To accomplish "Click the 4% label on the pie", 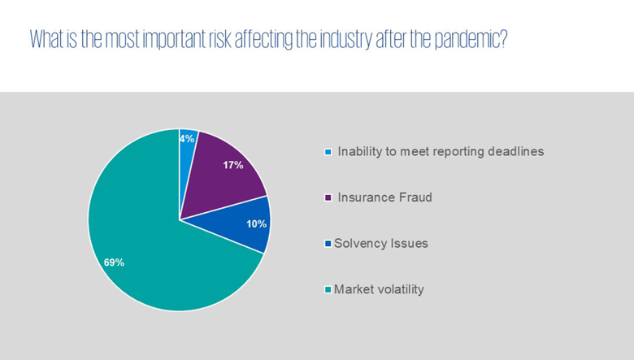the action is click(x=187, y=139).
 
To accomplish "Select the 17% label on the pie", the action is click(x=233, y=165).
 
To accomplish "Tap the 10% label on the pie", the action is click(x=256, y=223).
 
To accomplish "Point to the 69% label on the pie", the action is click(x=114, y=262).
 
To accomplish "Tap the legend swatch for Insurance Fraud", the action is click(x=328, y=197).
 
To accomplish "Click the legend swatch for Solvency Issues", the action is click(x=328, y=244).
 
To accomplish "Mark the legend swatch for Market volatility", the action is click(x=328, y=289).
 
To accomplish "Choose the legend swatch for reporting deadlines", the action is click(x=328, y=152).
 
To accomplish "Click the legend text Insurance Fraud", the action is click(x=385, y=197).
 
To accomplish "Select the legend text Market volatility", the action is click(x=380, y=289).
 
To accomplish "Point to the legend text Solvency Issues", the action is click(x=381, y=243).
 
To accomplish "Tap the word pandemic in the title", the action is click(x=471, y=40).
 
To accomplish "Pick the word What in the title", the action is click(x=46, y=39).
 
